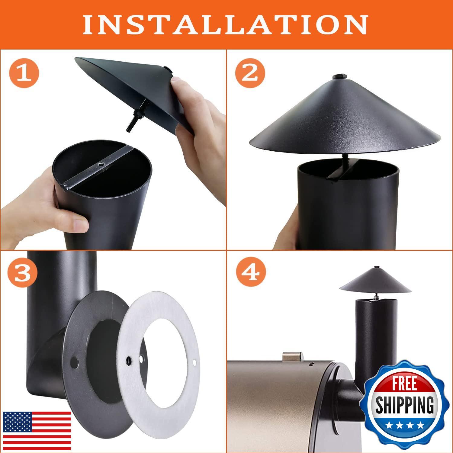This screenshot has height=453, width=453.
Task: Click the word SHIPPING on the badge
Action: click(404, 403)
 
